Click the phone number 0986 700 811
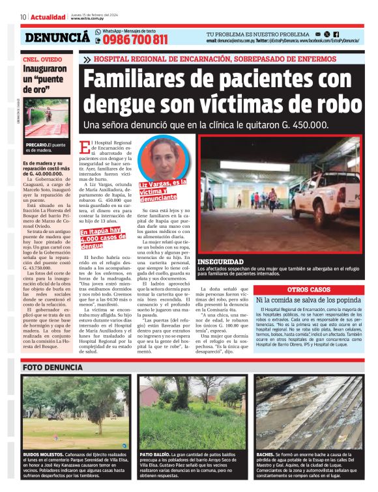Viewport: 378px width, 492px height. [135, 40]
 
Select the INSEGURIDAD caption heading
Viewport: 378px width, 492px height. [224, 261]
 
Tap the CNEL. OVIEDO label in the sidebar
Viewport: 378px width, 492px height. [42, 58]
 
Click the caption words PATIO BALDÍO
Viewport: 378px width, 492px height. [155, 453]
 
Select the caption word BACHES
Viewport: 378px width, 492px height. [265, 453]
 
